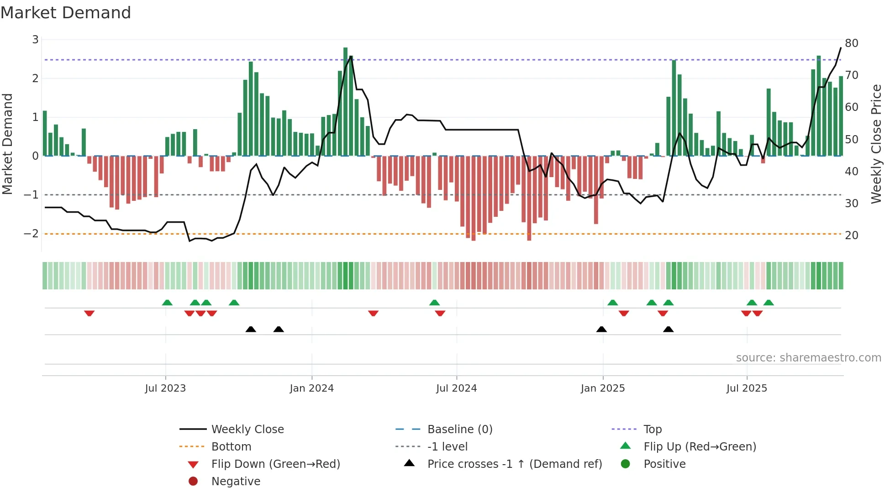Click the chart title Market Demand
click(66, 12)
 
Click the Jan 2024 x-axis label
click(311, 388)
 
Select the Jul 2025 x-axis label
click(747, 388)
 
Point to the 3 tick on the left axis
click(35, 40)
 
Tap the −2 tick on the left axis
click(32, 234)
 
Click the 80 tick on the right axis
click(851, 43)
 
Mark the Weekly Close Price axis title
click(876, 144)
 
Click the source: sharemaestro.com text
click(808, 357)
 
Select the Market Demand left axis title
click(8, 144)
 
